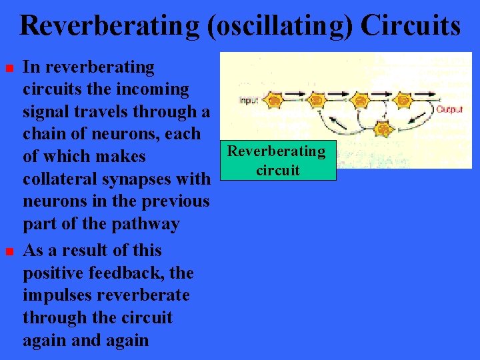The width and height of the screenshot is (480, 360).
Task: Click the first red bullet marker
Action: [x=8, y=69]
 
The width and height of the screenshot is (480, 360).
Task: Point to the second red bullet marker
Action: [x=8, y=252]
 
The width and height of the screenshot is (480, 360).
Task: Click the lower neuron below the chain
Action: [x=382, y=127]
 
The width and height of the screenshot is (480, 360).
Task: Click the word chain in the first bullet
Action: [x=43, y=134]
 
